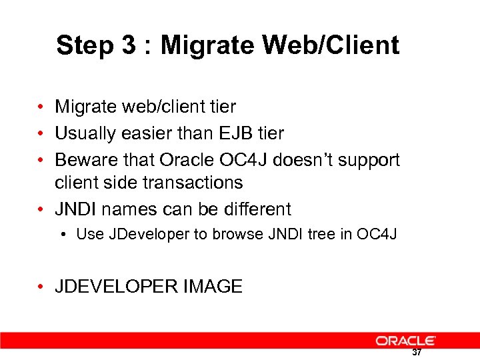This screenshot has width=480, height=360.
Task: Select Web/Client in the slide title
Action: coord(331,45)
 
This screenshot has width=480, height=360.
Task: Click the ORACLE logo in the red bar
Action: coord(405,340)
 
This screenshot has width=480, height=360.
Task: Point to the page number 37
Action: coord(417,353)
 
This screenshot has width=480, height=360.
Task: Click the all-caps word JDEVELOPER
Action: coord(109,287)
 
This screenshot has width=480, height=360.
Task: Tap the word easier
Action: coord(143,133)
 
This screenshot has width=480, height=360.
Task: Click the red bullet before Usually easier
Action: coord(41,134)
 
